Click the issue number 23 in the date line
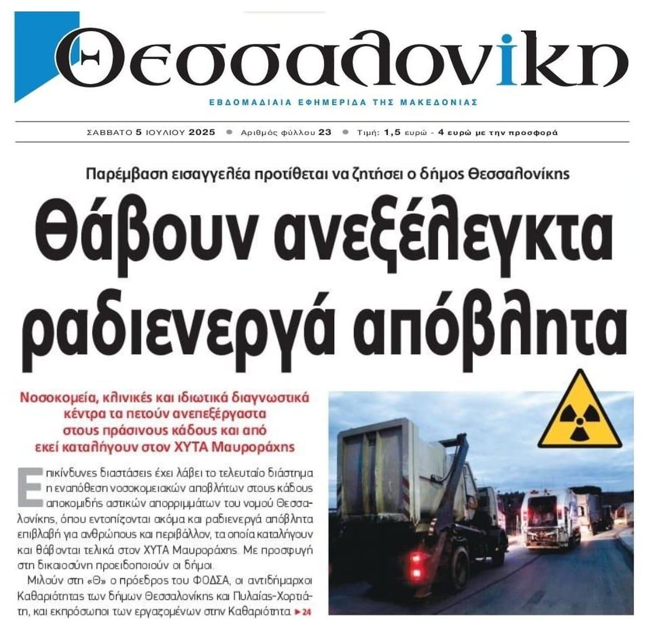(x=325, y=132)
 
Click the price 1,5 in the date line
(x=392, y=132)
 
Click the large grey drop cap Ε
(x=30, y=486)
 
